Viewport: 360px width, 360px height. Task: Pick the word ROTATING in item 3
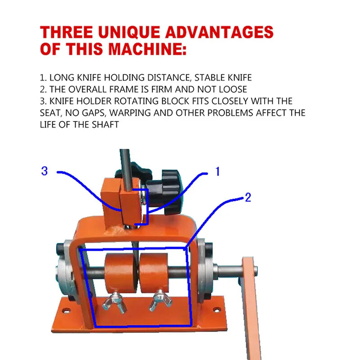click(x=129, y=101)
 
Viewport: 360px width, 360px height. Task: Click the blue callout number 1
click(x=217, y=171)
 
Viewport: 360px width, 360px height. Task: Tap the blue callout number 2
click(x=247, y=197)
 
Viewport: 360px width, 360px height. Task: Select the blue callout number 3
click(x=44, y=171)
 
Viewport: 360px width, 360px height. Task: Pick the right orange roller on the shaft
click(x=154, y=273)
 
